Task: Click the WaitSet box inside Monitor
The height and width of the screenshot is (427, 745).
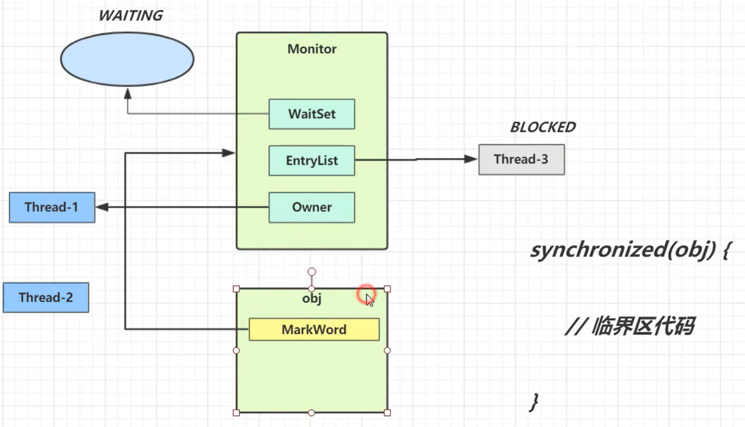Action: tap(312, 114)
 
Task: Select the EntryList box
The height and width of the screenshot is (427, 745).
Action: tap(312, 161)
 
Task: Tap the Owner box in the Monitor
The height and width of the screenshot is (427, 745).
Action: tap(312, 207)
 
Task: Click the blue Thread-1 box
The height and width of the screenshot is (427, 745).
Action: tap(52, 207)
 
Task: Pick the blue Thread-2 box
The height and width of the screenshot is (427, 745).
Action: tap(46, 297)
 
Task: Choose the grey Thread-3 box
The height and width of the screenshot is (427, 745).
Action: tap(521, 159)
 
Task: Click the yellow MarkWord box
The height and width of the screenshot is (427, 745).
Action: tap(314, 329)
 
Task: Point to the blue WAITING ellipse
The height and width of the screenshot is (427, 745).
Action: tap(127, 60)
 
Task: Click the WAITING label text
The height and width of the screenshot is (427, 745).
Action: tap(130, 16)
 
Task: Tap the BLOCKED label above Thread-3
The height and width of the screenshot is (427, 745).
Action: tap(542, 127)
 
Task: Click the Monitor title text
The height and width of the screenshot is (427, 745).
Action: tap(312, 49)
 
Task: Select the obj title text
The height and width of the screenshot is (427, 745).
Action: tap(312, 298)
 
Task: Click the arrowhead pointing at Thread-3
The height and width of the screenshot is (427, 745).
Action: tap(471, 159)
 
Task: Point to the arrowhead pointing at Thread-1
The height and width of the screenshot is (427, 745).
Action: tap(102, 207)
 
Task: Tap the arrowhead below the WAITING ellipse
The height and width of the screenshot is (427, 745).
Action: tap(128, 94)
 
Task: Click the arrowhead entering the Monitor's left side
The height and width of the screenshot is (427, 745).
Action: tap(228, 153)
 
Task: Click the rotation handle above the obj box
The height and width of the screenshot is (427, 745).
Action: tap(312, 272)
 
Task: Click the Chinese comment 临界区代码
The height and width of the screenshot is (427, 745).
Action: tap(642, 327)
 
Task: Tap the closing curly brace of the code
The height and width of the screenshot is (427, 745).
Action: tap(534, 402)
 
